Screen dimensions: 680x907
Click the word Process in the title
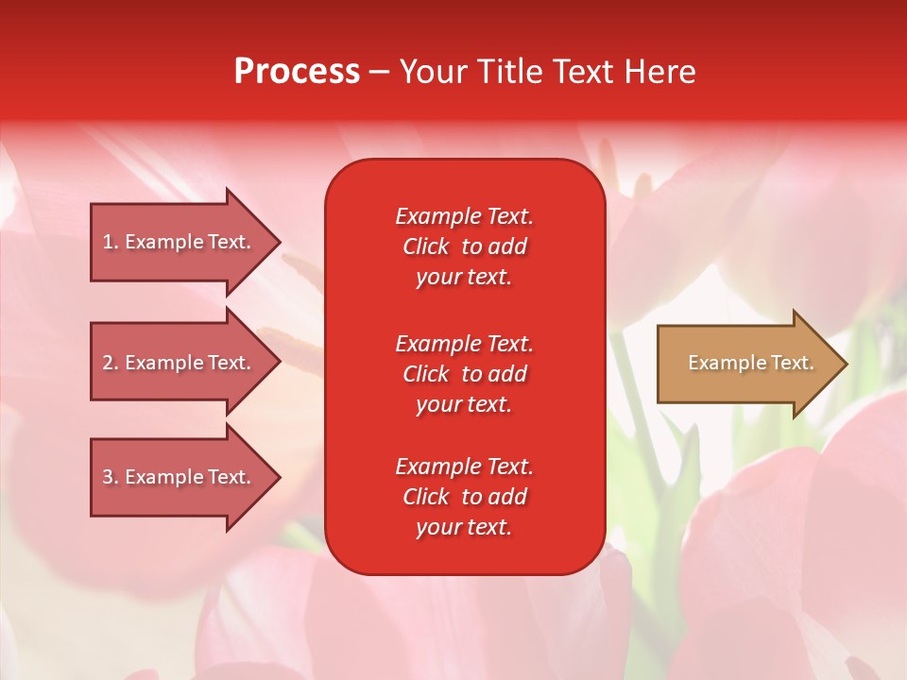click(297, 72)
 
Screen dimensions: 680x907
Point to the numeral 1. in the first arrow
click(111, 242)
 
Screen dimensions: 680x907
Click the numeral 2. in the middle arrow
click(111, 363)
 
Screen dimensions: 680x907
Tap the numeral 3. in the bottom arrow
click(111, 477)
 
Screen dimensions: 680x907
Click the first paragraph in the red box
click(464, 246)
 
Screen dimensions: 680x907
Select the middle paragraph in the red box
click(464, 374)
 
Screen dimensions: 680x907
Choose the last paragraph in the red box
click(464, 497)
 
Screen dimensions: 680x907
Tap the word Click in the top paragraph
click(426, 246)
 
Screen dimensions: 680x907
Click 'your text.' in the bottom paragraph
click(464, 527)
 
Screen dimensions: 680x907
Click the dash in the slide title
click(379, 72)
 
